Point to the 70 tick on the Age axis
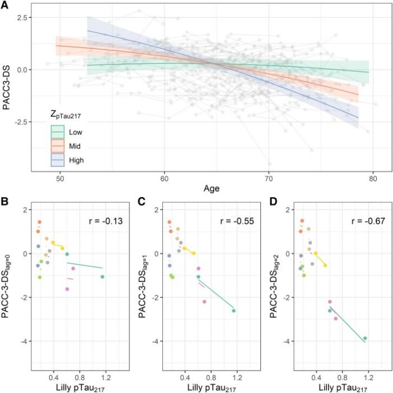coord(269,178)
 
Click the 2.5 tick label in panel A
coord(22,18)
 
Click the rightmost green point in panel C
coord(233,311)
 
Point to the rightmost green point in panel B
coord(102,277)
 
